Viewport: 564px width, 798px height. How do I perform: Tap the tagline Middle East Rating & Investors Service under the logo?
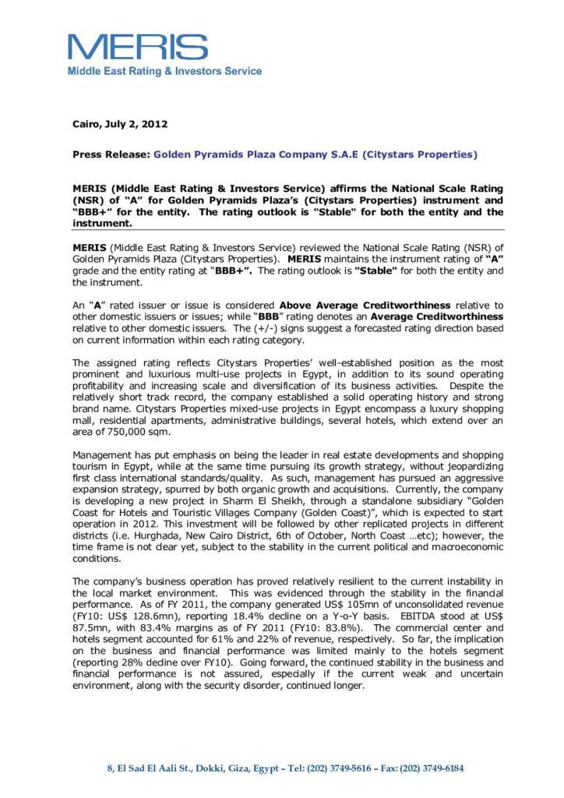[x=164, y=71]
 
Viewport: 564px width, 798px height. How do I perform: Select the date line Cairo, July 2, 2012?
[x=120, y=124]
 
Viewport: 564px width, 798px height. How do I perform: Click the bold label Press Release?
[x=111, y=154]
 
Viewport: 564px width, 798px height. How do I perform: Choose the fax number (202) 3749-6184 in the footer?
[x=432, y=768]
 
